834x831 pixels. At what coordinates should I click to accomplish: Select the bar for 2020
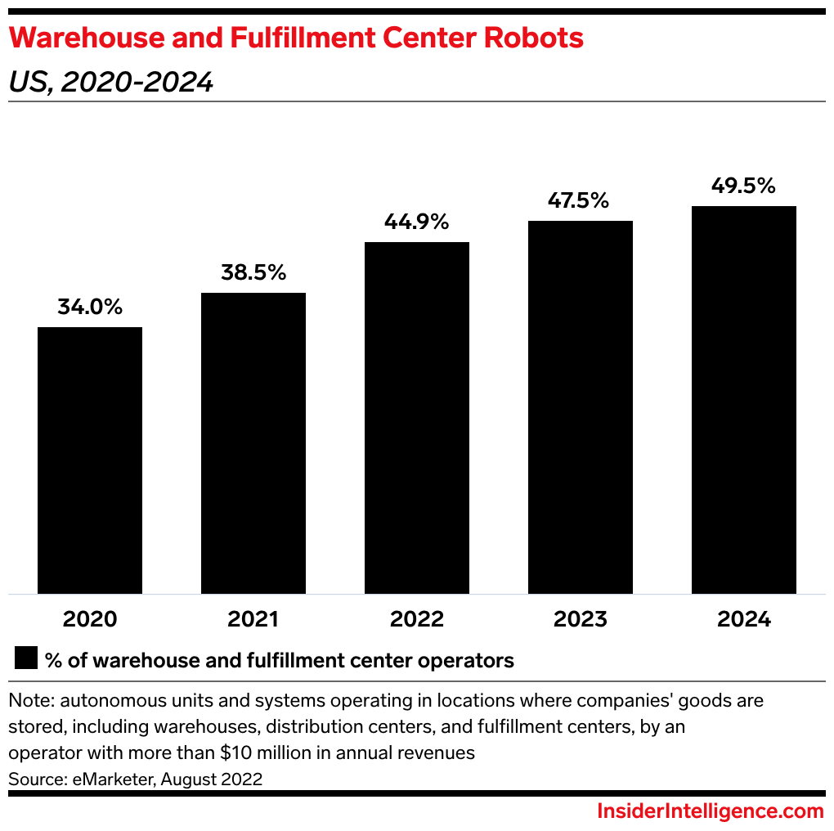click(x=90, y=460)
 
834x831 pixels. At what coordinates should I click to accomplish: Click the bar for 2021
click(x=253, y=442)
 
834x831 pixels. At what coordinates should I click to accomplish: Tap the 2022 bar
click(x=417, y=417)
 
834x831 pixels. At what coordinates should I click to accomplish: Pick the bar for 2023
click(x=581, y=407)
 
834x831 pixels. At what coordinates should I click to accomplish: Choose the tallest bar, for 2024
click(x=744, y=399)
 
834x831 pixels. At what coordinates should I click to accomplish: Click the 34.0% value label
click(x=90, y=308)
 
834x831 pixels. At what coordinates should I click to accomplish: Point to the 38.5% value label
click(x=253, y=273)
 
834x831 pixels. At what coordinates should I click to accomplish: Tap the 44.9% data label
click(x=417, y=222)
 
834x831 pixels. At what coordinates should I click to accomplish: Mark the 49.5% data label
click(x=744, y=186)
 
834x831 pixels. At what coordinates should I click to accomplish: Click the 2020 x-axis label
click(x=90, y=619)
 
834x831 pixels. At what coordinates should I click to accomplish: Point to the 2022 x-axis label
click(x=417, y=619)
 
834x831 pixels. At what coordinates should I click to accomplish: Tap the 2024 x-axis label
click(x=744, y=619)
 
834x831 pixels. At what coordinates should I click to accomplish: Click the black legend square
click(x=26, y=658)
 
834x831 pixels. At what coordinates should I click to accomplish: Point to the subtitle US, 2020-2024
click(x=110, y=82)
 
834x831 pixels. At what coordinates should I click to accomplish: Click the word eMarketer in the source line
click(x=111, y=779)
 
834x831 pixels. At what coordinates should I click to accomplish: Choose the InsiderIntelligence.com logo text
click(x=710, y=811)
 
